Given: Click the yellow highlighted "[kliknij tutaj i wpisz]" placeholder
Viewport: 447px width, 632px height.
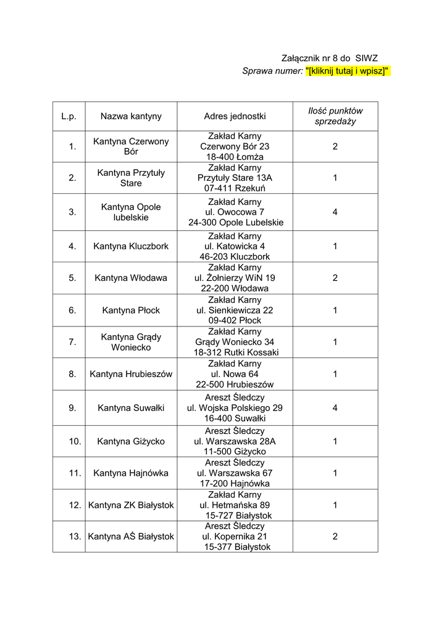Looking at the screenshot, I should click(348, 71).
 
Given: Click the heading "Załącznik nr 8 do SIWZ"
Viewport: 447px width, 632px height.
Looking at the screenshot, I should click(330, 57).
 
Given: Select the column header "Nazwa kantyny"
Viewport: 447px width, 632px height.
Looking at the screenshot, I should click(131, 116).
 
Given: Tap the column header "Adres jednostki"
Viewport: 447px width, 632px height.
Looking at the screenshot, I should click(235, 116).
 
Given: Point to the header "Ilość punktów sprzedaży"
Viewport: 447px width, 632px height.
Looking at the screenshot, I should click(335, 116).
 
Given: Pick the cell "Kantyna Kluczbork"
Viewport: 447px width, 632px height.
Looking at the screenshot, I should click(131, 246).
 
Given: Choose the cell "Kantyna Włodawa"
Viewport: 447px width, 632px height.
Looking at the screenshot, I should click(131, 278).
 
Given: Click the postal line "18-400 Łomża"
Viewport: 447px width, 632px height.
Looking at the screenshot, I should click(235, 157).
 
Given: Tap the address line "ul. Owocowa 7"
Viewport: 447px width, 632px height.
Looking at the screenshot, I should click(235, 212).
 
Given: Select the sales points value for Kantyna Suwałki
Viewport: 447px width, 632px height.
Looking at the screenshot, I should click(335, 407).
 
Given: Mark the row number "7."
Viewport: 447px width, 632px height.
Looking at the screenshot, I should click(73, 342).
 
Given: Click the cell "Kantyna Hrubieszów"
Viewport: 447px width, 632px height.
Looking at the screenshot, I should click(131, 373).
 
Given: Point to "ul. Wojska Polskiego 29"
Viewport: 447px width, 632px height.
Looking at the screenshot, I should click(235, 407).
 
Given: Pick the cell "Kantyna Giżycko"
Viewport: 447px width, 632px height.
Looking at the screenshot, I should click(131, 441).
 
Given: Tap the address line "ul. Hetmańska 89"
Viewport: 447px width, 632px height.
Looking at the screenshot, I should click(235, 505).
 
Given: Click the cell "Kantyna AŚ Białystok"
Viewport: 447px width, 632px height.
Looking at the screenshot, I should click(131, 536).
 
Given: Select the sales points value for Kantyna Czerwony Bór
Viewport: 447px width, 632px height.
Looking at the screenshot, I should click(335, 146).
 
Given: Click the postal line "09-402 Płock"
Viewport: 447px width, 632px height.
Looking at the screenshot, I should click(235, 320).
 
